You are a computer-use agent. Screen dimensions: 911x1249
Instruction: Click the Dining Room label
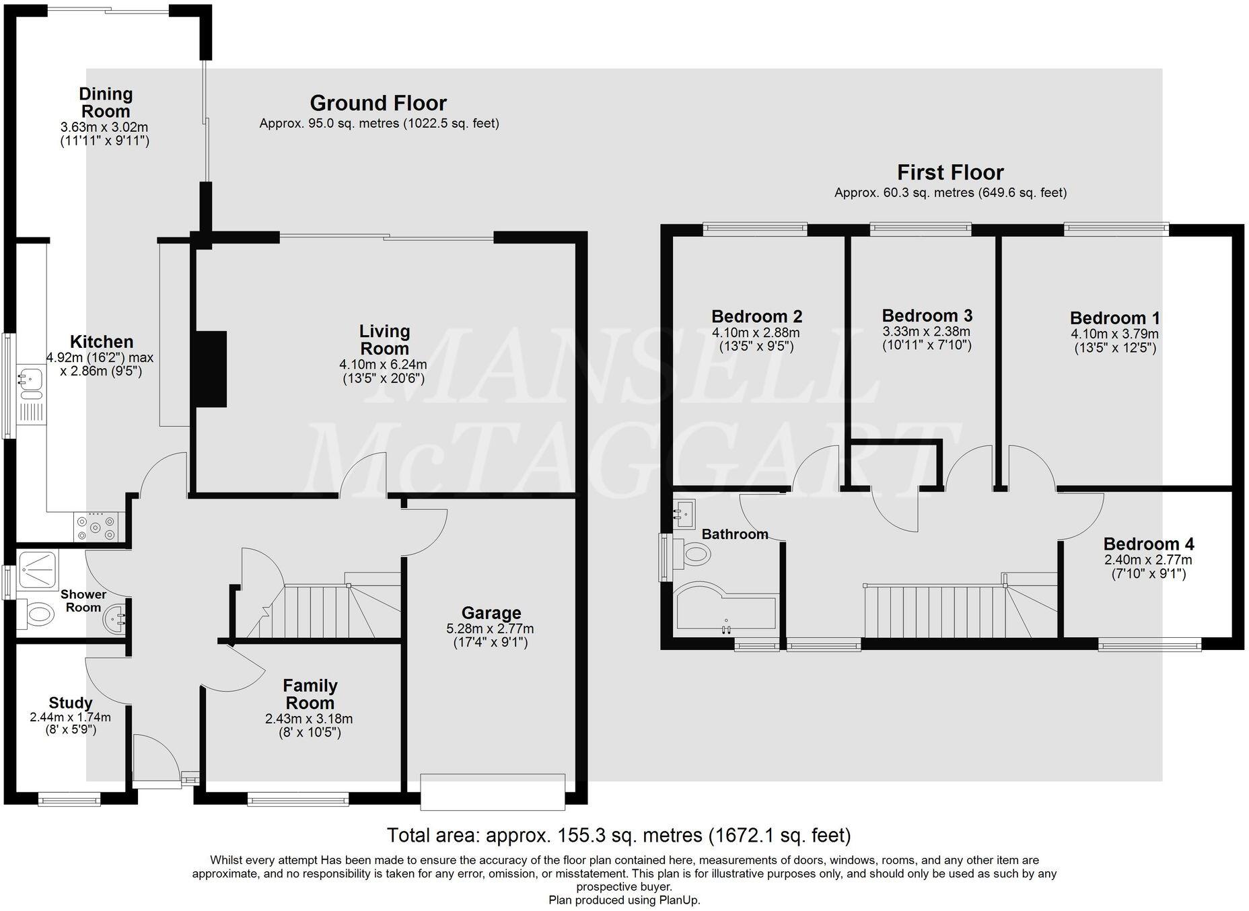tap(105, 103)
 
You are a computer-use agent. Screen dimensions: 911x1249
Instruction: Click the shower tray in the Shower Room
tap(37, 571)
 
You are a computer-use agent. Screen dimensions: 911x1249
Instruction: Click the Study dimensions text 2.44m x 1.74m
tap(70, 717)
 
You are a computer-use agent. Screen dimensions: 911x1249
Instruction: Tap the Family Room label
tap(310, 694)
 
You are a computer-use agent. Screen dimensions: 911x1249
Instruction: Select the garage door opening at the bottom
tap(493, 791)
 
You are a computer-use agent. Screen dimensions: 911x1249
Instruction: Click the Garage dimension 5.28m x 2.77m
tap(490, 629)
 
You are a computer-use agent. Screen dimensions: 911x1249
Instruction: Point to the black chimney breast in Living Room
tap(211, 369)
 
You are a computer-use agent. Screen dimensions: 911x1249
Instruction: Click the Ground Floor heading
tap(378, 103)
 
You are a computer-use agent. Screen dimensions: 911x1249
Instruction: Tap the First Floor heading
tap(950, 172)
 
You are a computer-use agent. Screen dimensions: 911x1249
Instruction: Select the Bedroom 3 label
tap(927, 316)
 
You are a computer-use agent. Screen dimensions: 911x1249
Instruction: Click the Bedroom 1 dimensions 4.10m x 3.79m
tap(1114, 334)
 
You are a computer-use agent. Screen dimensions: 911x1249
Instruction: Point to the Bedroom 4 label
tap(1148, 544)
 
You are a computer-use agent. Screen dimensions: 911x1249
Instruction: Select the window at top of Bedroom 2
tap(754, 229)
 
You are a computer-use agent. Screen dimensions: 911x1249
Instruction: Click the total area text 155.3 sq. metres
tap(618, 836)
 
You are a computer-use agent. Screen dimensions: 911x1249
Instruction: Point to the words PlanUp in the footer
tap(679, 900)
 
